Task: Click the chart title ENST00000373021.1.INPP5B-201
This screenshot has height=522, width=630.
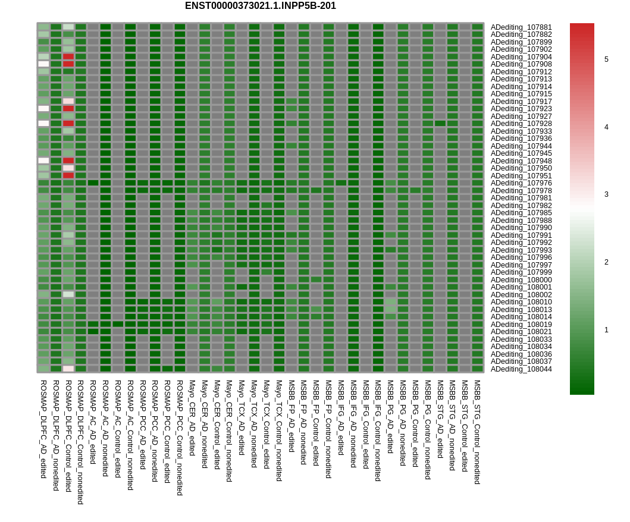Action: pos(261,6)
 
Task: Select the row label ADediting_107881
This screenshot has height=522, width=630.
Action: pos(521,27)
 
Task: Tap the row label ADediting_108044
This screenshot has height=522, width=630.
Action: pos(521,369)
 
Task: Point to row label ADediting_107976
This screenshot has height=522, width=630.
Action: pos(521,183)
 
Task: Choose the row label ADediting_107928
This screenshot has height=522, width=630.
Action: pos(521,124)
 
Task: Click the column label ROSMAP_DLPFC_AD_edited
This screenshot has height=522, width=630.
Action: pos(43,429)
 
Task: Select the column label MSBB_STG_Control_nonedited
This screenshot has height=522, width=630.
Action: pos(477,432)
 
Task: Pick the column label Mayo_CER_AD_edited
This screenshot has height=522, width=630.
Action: pos(192,417)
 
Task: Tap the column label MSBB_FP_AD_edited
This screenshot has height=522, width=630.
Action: pos(292,416)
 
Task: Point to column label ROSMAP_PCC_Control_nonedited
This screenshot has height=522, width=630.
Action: pos(180,438)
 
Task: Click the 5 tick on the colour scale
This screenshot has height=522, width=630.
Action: pos(606,59)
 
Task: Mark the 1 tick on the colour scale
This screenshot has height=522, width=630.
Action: pos(606,330)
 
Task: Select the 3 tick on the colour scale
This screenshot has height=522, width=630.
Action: pos(606,194)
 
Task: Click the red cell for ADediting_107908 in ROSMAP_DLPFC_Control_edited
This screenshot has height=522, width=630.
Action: pos(68,64)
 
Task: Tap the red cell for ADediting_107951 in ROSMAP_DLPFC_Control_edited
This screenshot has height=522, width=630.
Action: pos(68,175)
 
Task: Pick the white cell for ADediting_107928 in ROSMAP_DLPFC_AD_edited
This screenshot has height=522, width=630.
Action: pos(43,123)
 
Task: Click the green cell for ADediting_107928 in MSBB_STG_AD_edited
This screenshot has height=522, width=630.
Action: pos(440,123)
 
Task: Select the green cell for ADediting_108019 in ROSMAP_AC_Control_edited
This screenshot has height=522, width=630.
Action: pos(118,324)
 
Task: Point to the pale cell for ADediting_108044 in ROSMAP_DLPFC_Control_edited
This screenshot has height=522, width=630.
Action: pos(68,369)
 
